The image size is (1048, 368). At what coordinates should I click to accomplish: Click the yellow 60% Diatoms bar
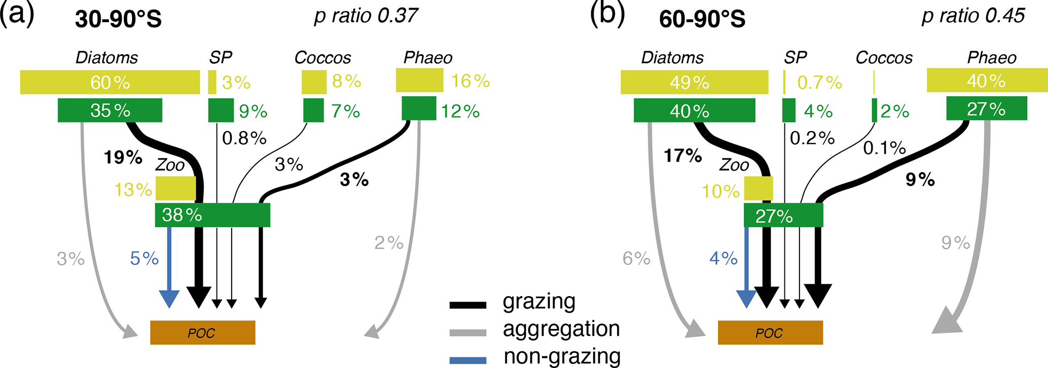coord(110,82)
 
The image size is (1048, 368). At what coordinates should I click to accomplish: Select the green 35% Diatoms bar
coord(110,110)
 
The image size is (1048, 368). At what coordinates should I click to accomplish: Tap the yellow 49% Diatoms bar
coord(695,82)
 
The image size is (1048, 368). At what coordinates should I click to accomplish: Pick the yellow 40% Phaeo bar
coord(987,80)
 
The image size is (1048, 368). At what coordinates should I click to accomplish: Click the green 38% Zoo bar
coord(212,215)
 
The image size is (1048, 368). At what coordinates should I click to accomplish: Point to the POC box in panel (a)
coord(203,333)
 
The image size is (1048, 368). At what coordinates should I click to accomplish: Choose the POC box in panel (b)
coord(770,333)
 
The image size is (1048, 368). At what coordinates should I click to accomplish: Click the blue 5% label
coord(144,259)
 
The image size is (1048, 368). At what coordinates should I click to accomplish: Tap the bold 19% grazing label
coord(123,157)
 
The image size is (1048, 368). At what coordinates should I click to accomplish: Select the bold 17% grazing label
coord(683,156)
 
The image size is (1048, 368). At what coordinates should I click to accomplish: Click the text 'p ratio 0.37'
coord(366,16)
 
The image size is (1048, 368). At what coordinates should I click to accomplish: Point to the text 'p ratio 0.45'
coord(973,16)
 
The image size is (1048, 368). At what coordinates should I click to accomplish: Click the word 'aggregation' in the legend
coord(561,329)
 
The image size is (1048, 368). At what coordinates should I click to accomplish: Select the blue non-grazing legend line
coord(468,360)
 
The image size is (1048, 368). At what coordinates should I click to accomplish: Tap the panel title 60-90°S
coord(702,19)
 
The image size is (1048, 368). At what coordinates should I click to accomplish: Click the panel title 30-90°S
coord(118,19)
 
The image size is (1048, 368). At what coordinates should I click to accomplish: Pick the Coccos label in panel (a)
coord(322,58)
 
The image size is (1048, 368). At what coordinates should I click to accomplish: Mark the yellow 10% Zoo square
coord(758,188)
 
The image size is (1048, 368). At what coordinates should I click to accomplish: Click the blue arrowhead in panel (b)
coord(746,299)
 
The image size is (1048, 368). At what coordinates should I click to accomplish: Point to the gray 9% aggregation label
coord(956,243)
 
